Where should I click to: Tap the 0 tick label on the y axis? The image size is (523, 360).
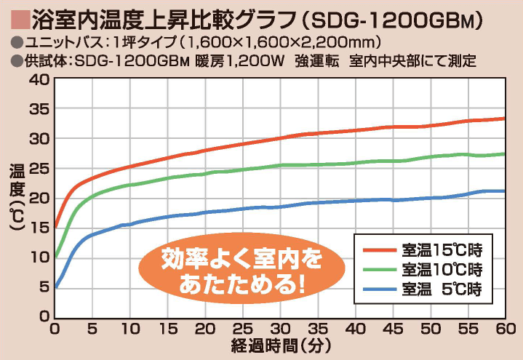pos(42,317)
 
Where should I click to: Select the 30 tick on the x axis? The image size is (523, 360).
pos(280,329)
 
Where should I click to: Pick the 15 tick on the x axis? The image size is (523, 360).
pos(167,329)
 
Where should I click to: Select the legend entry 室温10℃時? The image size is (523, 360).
pos(443,270)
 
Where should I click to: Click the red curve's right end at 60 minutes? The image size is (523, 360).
pos(504,119)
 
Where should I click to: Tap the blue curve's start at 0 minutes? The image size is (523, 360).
pos(56,287)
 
